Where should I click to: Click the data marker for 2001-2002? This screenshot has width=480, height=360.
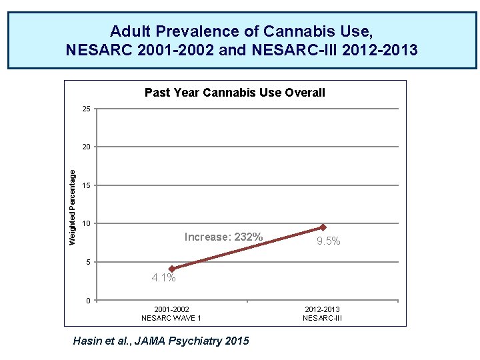coord(172,269)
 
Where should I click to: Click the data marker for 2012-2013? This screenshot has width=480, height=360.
coord(323,227)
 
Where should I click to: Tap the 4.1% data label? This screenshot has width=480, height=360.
coord(163,278)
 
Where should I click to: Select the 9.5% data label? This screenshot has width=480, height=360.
coord(328,241)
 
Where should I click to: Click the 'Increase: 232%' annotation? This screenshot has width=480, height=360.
coord(223,237)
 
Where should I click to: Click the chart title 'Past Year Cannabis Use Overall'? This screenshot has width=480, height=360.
coord(235,93)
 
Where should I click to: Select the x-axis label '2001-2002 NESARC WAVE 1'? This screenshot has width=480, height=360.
coord(171,314)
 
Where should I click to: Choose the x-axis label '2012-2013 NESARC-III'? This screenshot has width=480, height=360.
coord(322,314)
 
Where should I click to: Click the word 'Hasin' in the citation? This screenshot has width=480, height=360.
coord(89,341)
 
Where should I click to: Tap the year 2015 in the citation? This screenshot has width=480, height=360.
coord(236,341)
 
